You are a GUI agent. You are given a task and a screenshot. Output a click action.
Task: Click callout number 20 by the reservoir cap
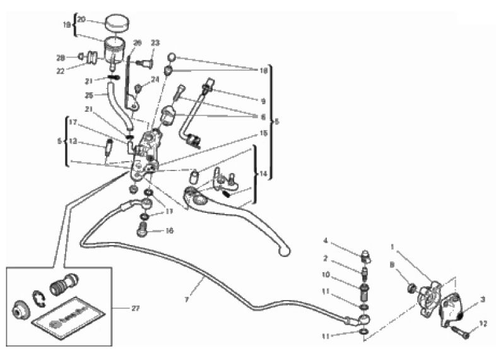pyautogui.click(x=81, y=19)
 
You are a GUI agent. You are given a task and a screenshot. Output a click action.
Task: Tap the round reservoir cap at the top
pyautogui.click(x=115, y=23)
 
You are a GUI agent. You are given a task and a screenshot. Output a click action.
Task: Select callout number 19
pyautogui.click(x=67, y=26)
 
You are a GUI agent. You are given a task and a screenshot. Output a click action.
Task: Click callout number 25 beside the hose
pyautogui.click(x=90, y=96)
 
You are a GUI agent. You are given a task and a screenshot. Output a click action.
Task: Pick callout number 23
pyautogui.click(x=155, y=43)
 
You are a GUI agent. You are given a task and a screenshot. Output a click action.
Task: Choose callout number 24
pyautogui.click(x=155, y=80)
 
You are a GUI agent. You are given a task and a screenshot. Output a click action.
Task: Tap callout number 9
pyautogui.click(x=263, y=100)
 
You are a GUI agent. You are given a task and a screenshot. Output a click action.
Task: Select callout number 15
pyautogui.click(x=263, y=133)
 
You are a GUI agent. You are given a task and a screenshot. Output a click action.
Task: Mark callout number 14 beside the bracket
pyautogui.click(x=263, y=172)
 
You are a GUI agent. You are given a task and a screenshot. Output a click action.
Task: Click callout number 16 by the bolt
pyautogui.click(x=169, y=231)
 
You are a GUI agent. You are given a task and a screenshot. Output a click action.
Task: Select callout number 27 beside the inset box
pyautogui.click(x=135, y=308)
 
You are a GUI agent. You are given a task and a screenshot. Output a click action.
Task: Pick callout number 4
pyautogui.click(x=326, y=240)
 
